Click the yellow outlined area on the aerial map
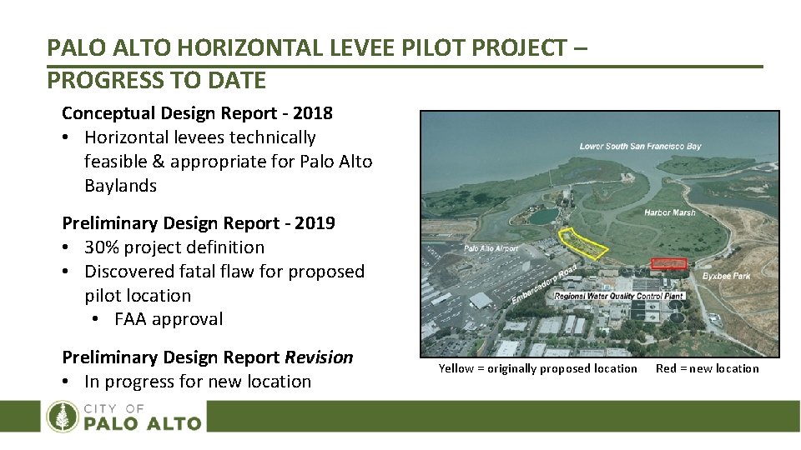click(x=583, y=243)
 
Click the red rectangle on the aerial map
click(x=668, y=263)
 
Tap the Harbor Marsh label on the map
click(x=669, y=212)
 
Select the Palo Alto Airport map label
click(x=491, y=248)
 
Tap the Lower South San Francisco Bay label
click(x=640, y=147)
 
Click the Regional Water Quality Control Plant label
click(x=617, y=296)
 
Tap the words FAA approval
click(x=169, y=319)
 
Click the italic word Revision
click(x=319, y=357)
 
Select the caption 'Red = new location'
click(x=707, y=368)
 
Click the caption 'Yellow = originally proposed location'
click(x=537, y=368)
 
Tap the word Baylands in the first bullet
click(x=120, y=186)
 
